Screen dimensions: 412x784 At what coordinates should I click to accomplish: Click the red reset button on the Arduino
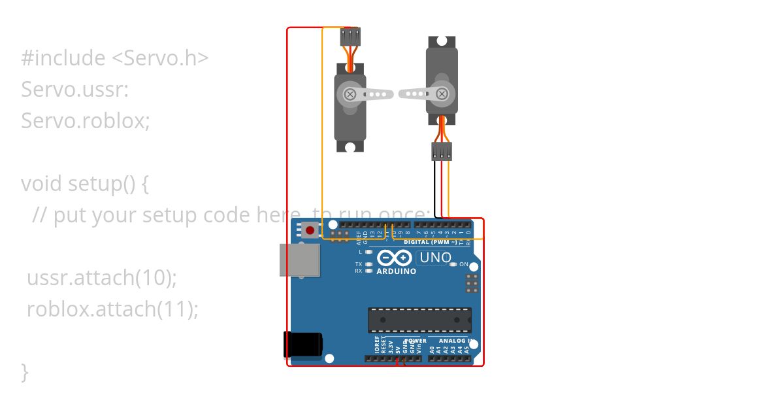point(310,230)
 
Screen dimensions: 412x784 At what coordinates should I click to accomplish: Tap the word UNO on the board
point(435,258)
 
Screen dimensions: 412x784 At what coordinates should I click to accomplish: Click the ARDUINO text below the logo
point(396,271)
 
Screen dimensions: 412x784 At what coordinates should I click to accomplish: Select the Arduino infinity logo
point(395,258)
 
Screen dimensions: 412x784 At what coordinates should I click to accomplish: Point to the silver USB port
point(299,260)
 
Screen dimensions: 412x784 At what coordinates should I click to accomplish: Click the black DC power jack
point(302,345)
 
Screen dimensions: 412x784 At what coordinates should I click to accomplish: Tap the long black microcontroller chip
point(419,319)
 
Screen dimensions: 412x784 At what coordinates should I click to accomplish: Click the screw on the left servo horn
point(350,94)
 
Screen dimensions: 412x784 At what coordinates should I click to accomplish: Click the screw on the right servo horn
point(442,94)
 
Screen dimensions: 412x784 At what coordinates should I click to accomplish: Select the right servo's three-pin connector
point(442,152)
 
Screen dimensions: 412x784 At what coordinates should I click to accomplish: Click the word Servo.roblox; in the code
point(86,120)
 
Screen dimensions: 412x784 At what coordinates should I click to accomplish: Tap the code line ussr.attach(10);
point(102,277)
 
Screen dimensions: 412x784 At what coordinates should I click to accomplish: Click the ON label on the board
point(464,264)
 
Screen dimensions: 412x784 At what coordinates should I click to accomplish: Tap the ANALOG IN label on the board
point(456,341)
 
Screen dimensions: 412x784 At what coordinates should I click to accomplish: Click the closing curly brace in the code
point(25,371)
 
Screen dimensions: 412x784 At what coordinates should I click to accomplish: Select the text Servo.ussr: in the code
point(75,89)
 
